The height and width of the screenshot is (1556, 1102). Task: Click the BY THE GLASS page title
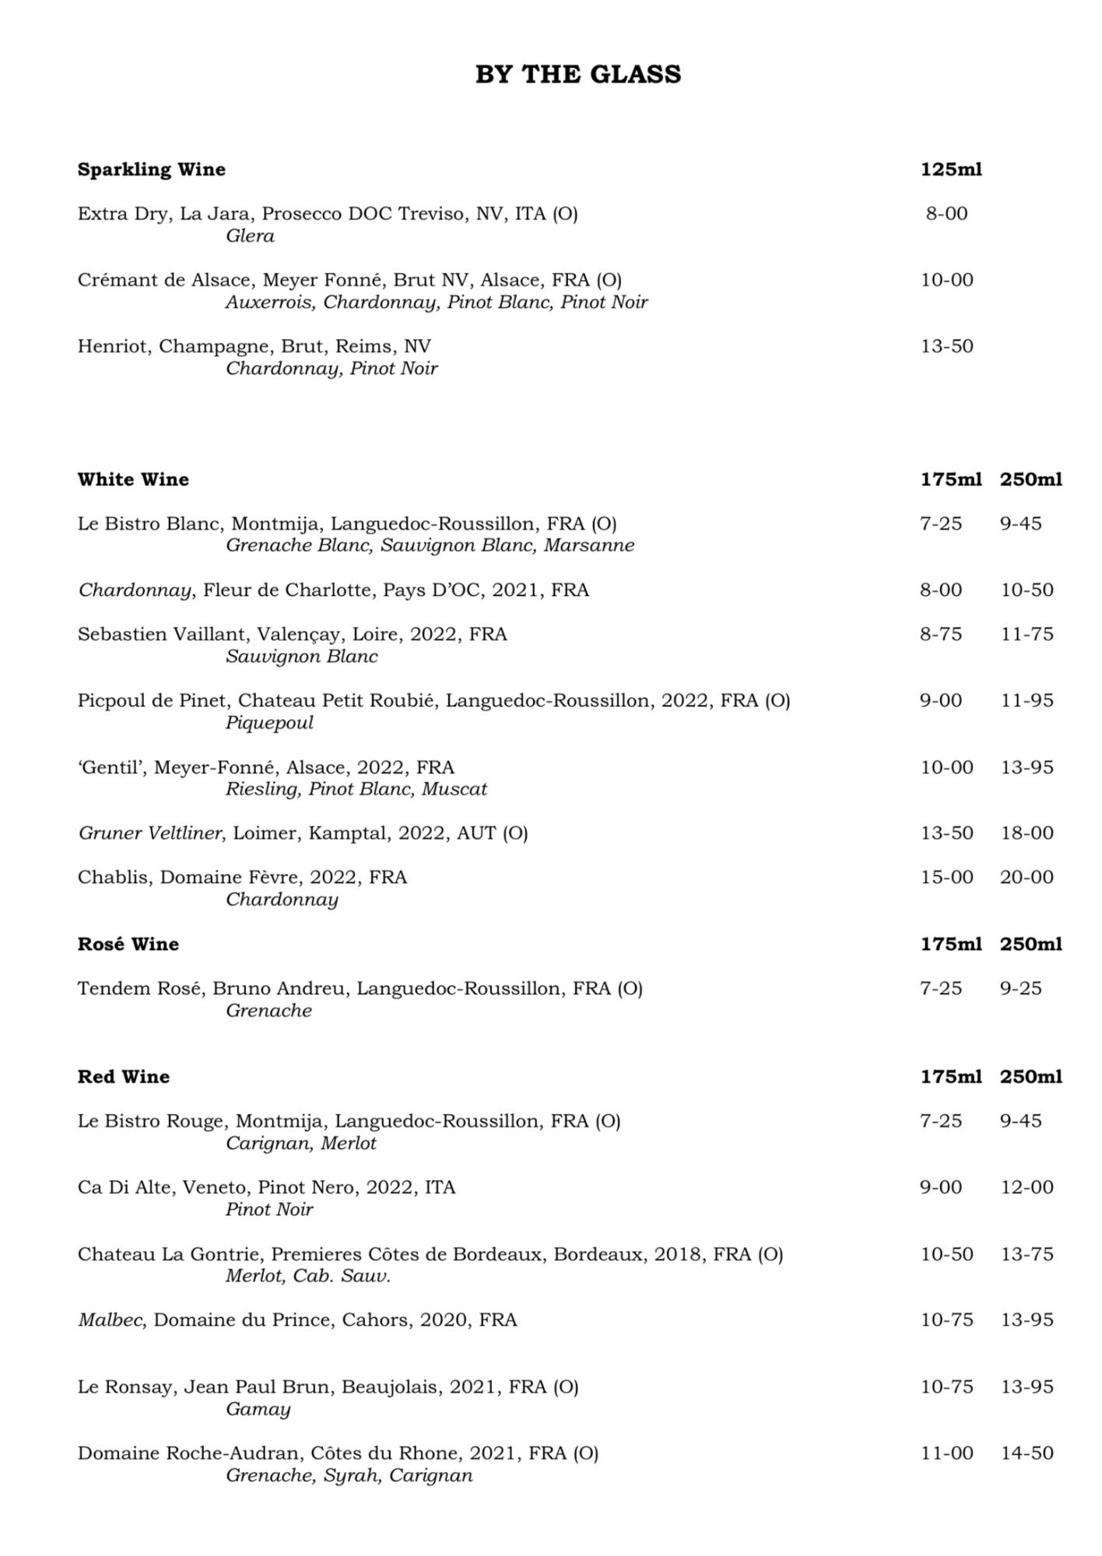[x=578, y=75]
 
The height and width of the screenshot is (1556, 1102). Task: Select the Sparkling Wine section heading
[x=152, y=170]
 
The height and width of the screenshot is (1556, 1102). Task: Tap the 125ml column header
[x=951, y=170]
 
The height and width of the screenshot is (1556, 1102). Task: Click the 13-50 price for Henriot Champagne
[x=947, y=346]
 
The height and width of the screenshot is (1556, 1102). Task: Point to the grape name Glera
[x=250, y=236]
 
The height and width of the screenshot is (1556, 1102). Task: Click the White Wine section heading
[x=133, y=479]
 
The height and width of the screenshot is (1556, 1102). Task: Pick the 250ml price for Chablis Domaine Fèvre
[x=1027, y=877]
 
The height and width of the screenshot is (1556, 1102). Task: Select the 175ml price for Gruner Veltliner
[x=947, y=832]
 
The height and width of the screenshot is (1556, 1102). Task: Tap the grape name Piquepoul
[x=269, y=723]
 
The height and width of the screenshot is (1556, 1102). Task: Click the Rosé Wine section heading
[x=128, y=944]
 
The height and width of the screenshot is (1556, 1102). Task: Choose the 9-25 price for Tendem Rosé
[x=1021, y=988]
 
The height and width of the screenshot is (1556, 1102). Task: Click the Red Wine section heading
[x=124, y=1077]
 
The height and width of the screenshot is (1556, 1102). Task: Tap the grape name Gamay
[x=258, y=1409]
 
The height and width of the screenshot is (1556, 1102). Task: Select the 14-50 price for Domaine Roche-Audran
[x=1027, y=1453]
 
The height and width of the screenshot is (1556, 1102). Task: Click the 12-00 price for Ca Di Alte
[x=1027, y=1187]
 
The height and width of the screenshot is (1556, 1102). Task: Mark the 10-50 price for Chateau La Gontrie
[x=947, y=1254]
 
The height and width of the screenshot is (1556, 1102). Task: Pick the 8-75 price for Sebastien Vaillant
[x=941, y=634]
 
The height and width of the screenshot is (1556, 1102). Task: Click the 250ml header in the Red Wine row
[x=1031, y=1077]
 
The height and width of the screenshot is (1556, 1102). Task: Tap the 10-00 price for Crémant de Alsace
[x=947, y=280]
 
